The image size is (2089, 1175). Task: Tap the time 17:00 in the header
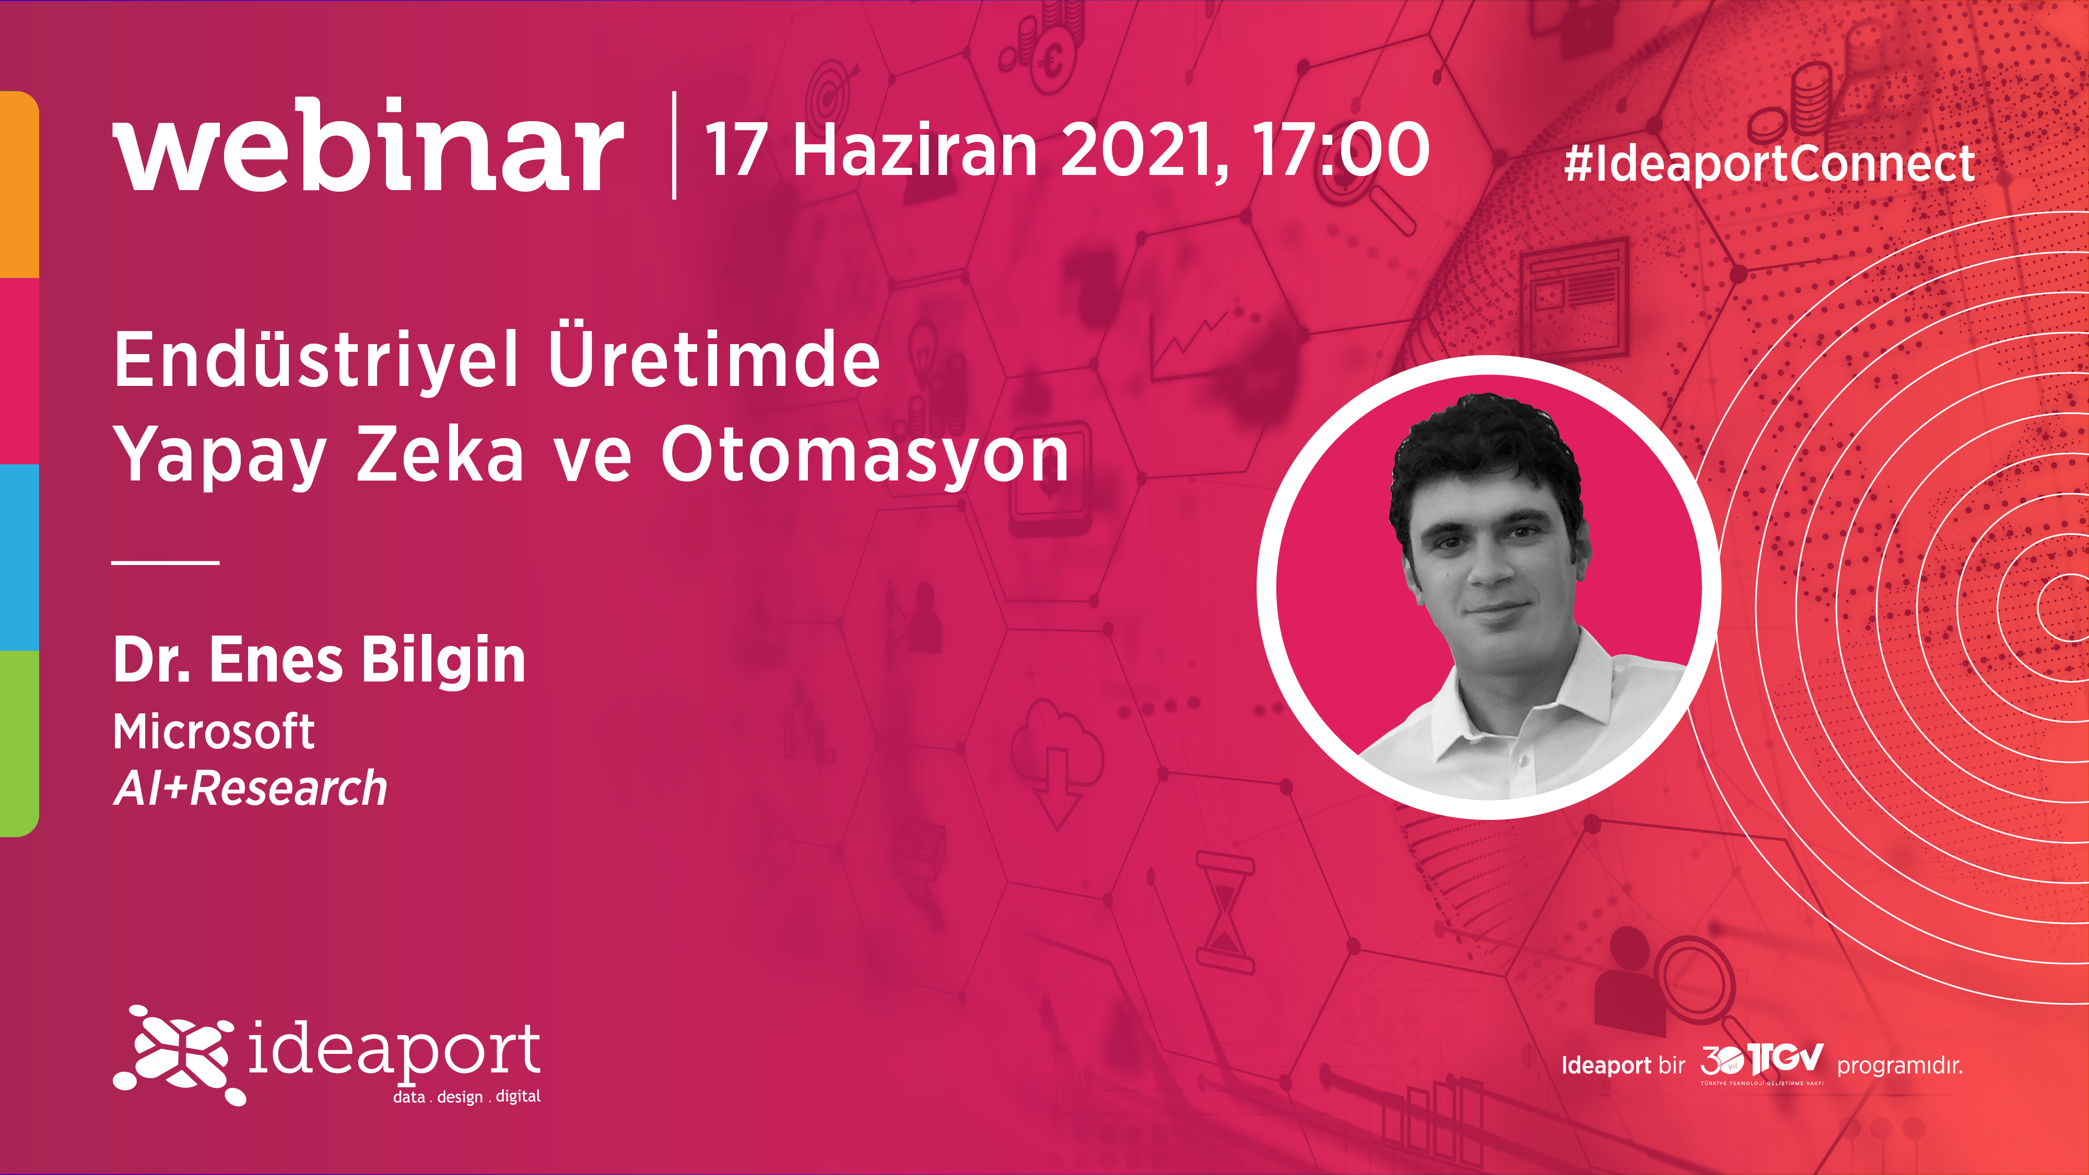[1340, 150]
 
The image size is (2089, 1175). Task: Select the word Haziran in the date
[915, 150]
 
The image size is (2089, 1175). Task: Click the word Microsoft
[213, 732]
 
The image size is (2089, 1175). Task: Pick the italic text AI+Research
[251, 788]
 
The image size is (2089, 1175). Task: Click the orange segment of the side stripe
[19, 184]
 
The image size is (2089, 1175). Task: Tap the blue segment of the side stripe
[19, 557]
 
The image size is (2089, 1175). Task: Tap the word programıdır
[1900, 1065]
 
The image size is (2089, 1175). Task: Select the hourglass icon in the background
[1225, 913]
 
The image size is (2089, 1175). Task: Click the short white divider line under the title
[166, 561]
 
